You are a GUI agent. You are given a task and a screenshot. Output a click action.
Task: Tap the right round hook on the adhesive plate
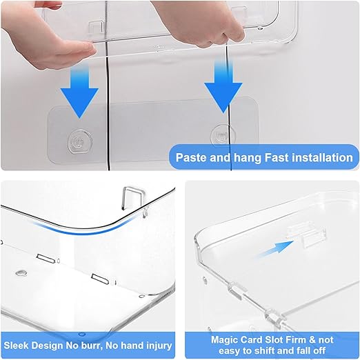click(223, 136)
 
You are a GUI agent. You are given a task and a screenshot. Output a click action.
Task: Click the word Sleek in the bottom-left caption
click(16, 346)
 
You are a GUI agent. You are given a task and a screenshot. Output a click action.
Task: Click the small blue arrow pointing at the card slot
click(276, 248)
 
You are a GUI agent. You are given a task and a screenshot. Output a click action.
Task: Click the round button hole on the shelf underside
click(21, 273)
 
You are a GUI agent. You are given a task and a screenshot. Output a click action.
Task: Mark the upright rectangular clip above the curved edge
click(131, 198)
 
